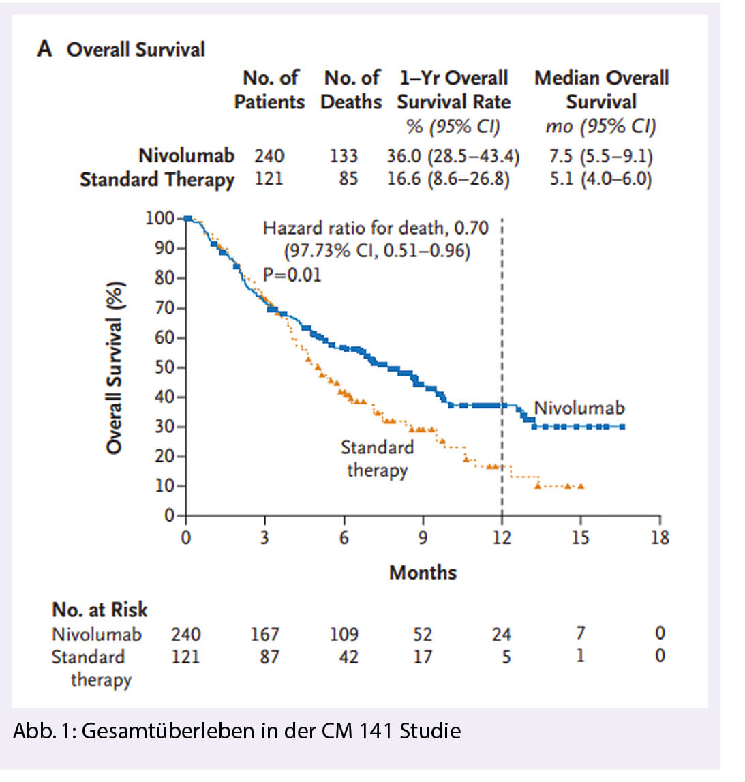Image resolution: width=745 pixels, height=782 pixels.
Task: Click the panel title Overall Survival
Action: [135, 50]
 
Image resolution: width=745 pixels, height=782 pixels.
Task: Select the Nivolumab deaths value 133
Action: [344, 156]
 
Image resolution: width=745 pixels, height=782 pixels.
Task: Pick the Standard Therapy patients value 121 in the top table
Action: [269, 179]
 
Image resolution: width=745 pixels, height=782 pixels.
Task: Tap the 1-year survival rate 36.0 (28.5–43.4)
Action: [453, 156]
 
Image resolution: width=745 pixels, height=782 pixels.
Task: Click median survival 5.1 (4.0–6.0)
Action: [600, 179]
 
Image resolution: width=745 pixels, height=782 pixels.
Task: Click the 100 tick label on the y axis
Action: [159, 218]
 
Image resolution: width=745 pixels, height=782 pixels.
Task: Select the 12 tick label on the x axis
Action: [502, 538]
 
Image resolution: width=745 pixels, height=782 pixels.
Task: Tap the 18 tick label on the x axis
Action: [660, 538]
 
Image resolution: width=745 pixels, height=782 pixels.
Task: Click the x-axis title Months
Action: [423, 572]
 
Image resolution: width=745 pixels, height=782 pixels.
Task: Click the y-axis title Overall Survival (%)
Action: [115, 367]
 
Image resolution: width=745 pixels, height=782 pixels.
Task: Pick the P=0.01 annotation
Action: [292, 275]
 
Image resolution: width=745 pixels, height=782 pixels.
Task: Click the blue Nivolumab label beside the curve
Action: [579, 408]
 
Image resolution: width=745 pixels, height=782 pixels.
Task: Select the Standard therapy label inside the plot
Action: [377, 458]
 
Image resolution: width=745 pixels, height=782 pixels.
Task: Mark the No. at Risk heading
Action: [100, 609]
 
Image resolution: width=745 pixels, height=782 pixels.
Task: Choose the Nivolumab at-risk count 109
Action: [344, 634]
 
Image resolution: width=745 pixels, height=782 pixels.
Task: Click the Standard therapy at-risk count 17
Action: [423, 657]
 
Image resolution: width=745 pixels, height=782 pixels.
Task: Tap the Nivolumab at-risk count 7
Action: [580, 633]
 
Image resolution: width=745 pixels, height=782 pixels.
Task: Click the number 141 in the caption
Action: [377, 732]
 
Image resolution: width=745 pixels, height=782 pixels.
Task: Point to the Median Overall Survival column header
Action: [601, 89]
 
